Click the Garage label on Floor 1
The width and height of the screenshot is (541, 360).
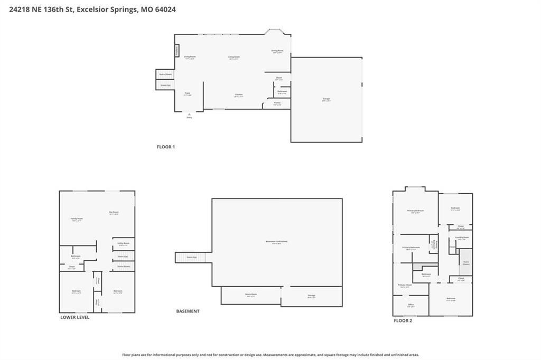coord(326,99)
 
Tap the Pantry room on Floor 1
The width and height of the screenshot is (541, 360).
coord(277,103)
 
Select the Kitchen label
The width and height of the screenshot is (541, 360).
coord(239,95)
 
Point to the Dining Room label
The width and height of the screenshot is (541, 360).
coord(277,51)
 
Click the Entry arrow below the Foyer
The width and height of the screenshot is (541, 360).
coord(189,115)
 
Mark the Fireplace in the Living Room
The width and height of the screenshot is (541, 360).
coord(177,50)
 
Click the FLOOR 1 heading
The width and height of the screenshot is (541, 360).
coord(165,147)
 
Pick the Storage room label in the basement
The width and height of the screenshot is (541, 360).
coord(311,296)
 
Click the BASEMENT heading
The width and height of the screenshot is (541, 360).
coord(188,311)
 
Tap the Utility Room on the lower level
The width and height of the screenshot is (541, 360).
coord(123,244)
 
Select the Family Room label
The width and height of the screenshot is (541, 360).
coord(77,219)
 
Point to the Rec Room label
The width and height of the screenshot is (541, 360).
coord(114,213)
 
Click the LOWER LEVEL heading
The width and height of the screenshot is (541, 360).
coord(74,317)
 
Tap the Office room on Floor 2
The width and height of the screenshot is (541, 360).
coord(411,305)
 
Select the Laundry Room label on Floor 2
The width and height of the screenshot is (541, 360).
coord(462,238)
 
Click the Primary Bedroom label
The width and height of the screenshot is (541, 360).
coord(415,211)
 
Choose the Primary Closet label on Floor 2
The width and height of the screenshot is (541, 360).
coord(405,285)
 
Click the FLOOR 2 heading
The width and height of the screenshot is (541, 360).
coord(402,320)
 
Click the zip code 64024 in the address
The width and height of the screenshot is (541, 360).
coord(165,9)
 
